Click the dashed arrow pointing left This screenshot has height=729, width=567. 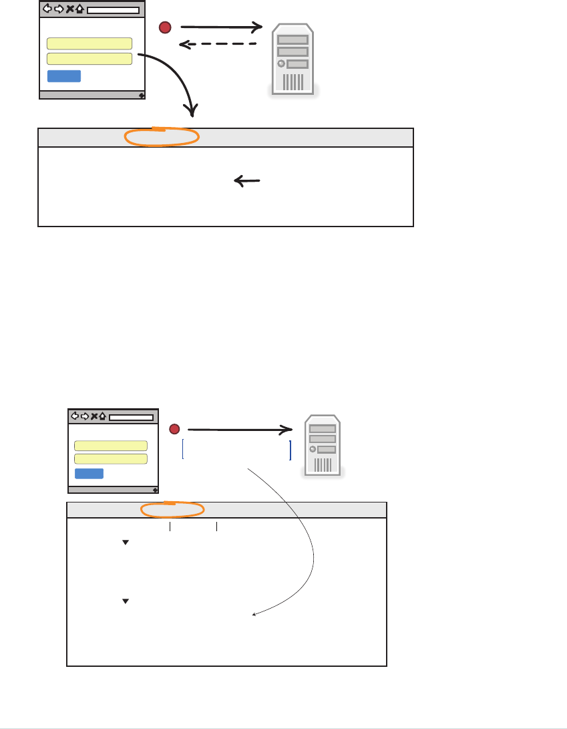218,45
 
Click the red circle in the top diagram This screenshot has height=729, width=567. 166,27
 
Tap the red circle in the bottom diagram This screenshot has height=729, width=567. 174,429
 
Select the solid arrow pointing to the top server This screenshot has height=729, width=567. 220,27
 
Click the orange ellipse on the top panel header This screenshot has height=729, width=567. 162,137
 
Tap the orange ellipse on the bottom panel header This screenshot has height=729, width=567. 172,509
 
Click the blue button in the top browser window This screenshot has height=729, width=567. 64,76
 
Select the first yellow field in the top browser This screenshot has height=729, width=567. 89,44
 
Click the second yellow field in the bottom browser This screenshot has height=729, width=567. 110,458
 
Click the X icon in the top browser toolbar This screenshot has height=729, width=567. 69,9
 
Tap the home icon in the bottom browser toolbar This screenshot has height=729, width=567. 103,416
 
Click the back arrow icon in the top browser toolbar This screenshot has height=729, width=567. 47,9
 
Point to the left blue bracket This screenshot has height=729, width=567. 182,450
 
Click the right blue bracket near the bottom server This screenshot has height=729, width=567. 291,450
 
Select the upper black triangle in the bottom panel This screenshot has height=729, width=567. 125,543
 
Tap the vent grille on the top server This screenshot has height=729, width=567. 293,82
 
